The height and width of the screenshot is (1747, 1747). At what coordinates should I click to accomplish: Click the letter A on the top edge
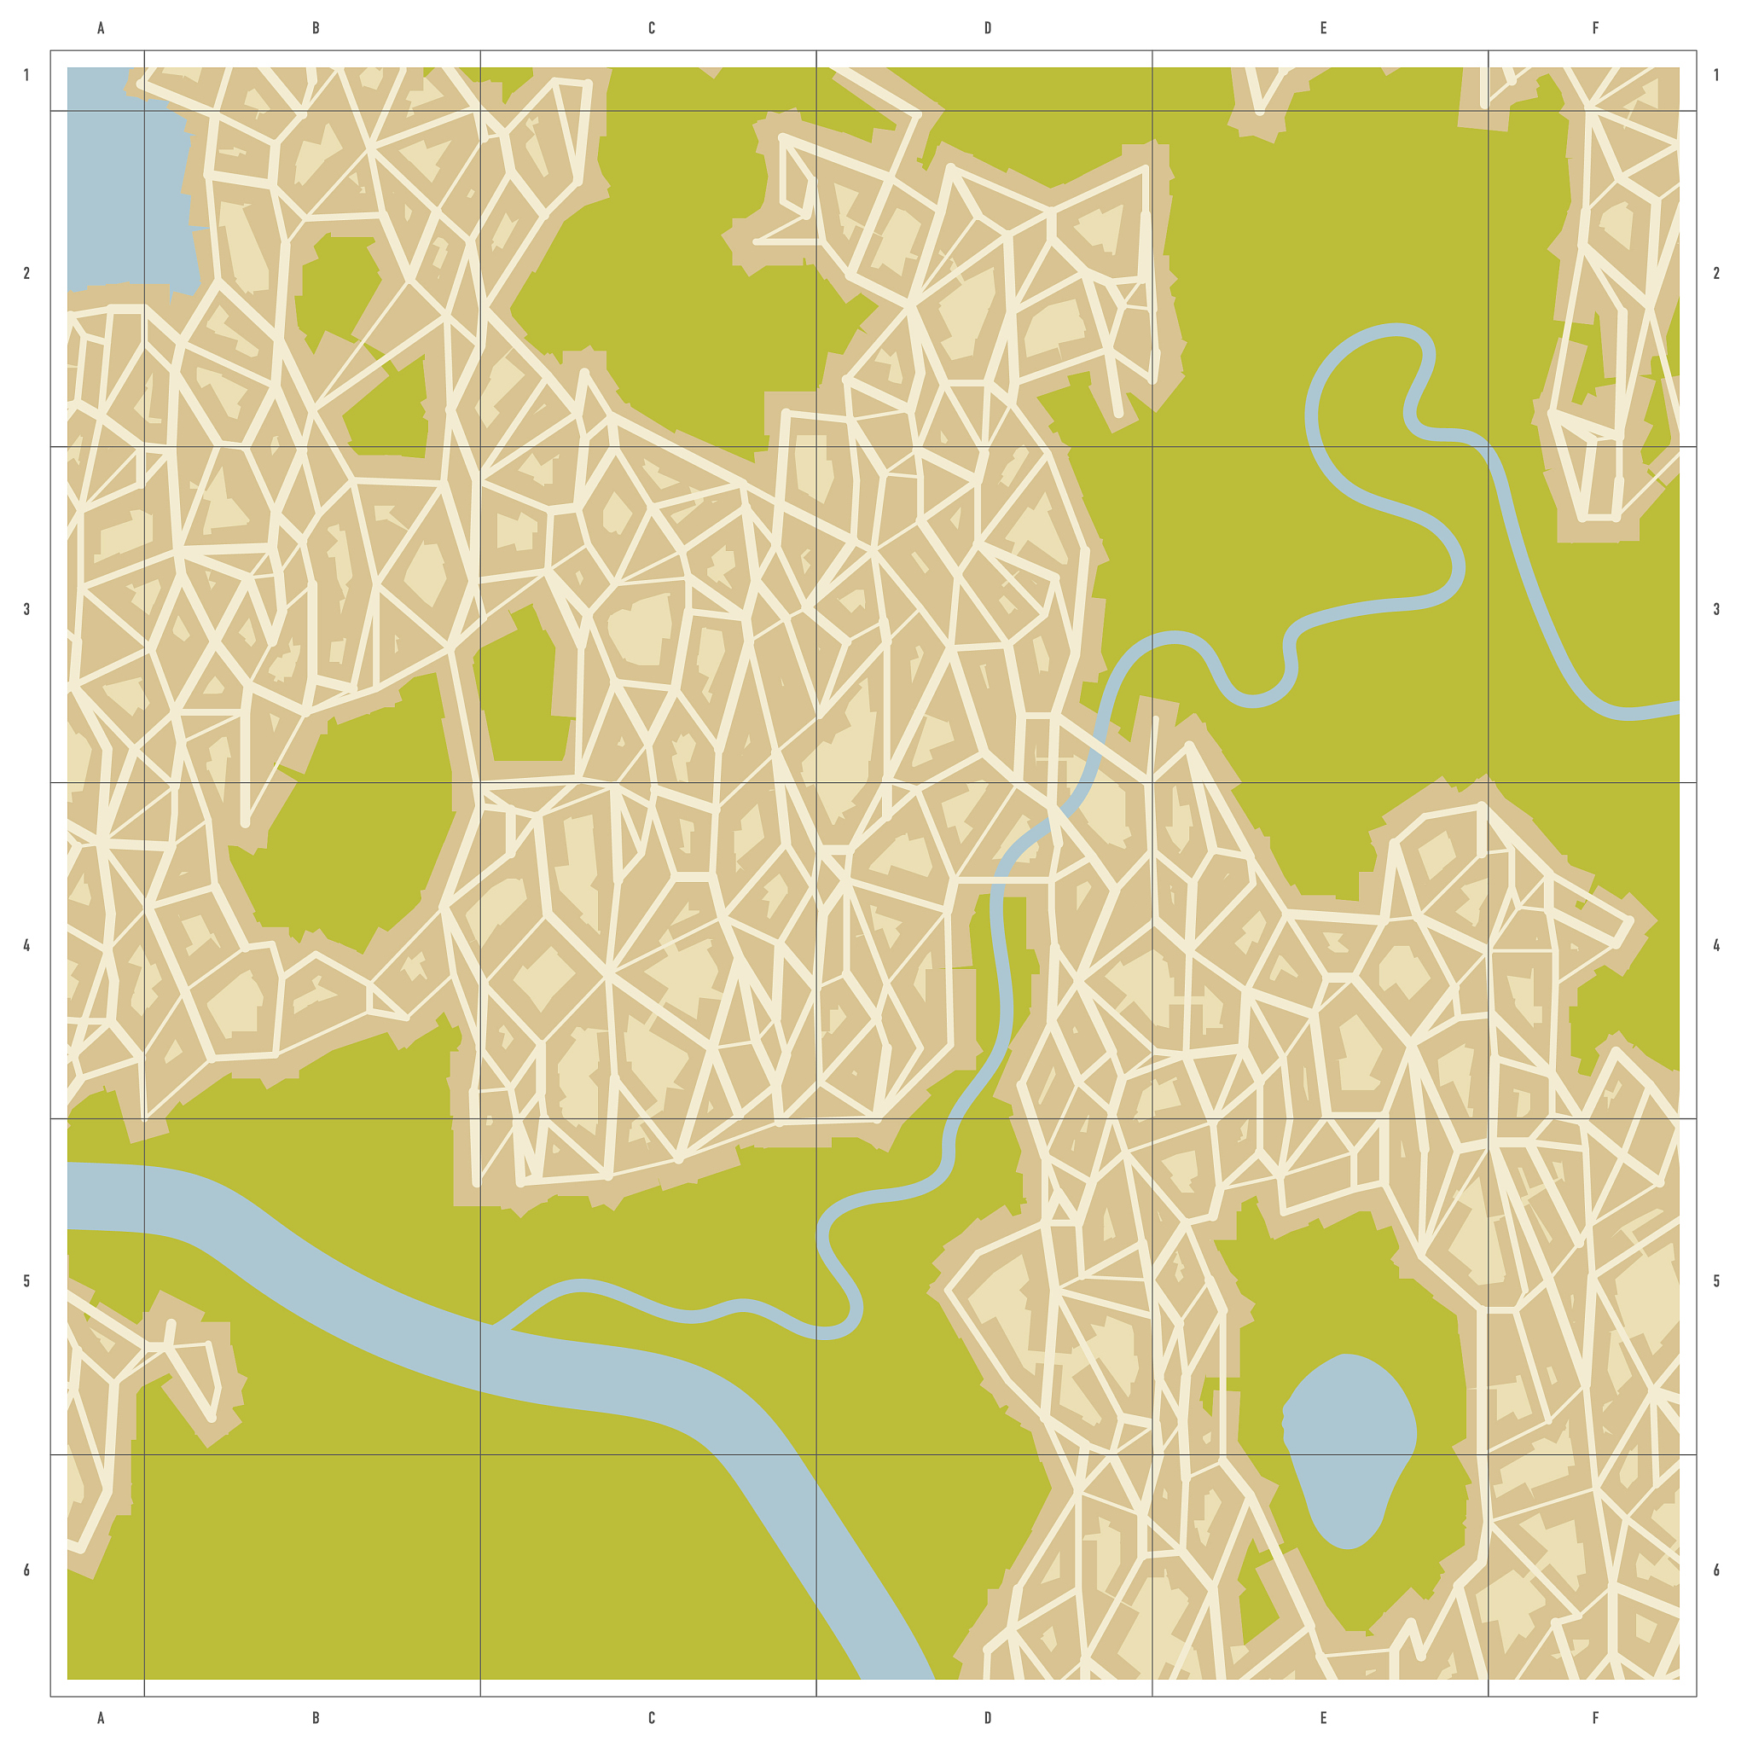(x=101, y=28)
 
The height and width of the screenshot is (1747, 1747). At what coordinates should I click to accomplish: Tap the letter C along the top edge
(x=651, y=28)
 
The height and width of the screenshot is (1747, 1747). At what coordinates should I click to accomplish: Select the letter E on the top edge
(x=1323, y=28)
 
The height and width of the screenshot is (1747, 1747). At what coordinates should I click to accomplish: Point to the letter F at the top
(x=1595, y=28)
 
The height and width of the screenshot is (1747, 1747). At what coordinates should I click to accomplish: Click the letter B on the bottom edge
(x=316, y=1717)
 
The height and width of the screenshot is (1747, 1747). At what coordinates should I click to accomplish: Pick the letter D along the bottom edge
(x=988, y=1717)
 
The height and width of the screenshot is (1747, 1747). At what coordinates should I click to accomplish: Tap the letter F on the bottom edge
(x=1595, y=1717)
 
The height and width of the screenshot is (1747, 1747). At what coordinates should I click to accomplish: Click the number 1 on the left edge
(x=26, y=75)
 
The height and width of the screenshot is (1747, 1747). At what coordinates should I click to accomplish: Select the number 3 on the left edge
(x=26, y=609)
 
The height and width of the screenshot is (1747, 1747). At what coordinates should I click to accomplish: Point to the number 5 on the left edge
(x=26, y=1281)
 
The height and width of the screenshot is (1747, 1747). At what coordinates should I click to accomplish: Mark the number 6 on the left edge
(x=26, y=1570)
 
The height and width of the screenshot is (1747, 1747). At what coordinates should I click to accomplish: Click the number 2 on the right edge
(x=1716, y=273)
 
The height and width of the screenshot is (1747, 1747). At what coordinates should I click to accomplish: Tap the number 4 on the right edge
(x=1716, y=946)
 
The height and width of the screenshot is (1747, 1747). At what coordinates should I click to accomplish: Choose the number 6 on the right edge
(x=1716, y=1570)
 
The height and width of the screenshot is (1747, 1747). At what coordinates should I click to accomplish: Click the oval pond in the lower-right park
(x=1347, y=1447)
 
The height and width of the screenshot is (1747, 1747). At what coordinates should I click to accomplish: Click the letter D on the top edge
(x=988, y=28)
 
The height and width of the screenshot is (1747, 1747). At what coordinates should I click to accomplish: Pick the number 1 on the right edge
(x=1716, y=75)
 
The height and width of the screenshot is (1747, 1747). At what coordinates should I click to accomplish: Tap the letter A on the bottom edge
(x=101, y=1717)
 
